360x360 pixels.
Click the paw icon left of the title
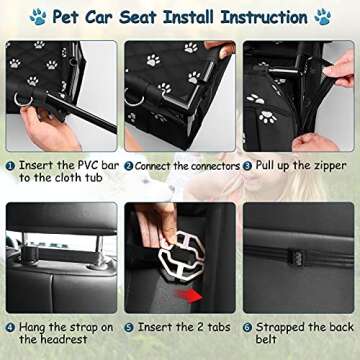tap(37, 17)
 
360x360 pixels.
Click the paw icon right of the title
tap(323, 17)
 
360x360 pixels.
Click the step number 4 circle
tap(9, 326)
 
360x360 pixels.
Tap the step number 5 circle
tap(128, 326)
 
